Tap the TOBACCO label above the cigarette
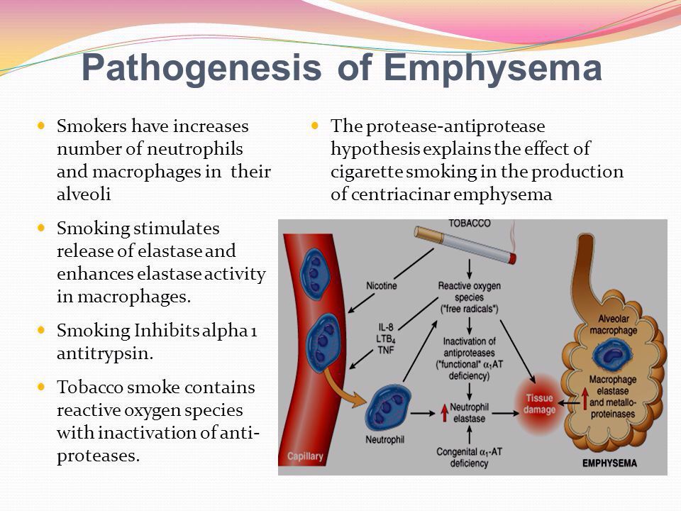(469, 224)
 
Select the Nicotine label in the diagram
(381, 286)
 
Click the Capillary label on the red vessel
(306, 454)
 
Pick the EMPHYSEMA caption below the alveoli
(609, 463)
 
